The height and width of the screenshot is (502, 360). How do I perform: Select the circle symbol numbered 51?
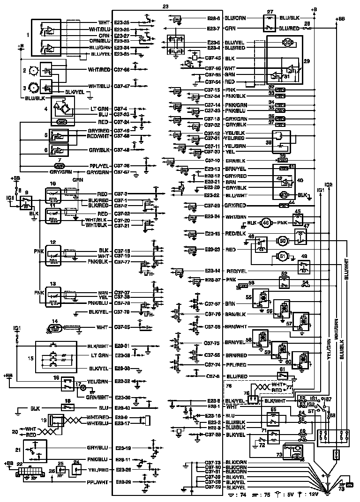point(282,256)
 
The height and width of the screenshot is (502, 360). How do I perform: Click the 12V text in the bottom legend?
point(312,495)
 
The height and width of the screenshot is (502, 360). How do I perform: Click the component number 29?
point(307,61)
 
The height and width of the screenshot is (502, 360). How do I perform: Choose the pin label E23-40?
point(122,407)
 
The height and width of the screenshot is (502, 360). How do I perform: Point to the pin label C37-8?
point(212,376)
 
